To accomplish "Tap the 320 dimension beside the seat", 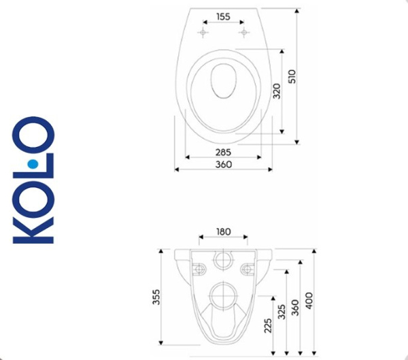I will pos(276,91).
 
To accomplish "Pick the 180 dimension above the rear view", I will pos(223,231).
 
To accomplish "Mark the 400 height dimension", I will pos(310,299).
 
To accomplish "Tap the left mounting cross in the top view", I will pos(202,33).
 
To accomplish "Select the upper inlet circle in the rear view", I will pos(222,260).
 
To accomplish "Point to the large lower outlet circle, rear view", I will pos(222,297).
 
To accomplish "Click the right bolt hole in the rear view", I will pos(245,268).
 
